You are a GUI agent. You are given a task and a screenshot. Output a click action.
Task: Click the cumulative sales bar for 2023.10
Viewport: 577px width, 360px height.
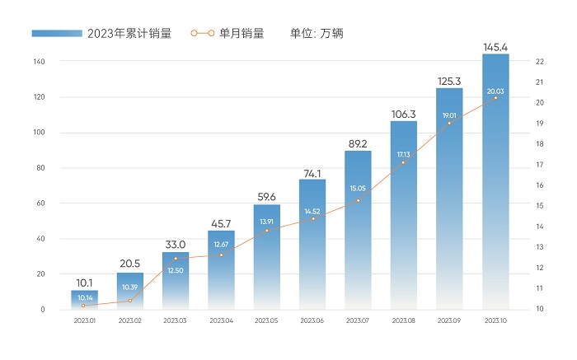pos(495,181)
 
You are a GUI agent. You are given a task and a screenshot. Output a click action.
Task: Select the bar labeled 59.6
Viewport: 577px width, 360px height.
pos(267,257)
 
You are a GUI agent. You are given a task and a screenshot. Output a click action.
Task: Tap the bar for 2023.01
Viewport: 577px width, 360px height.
pos(84,300)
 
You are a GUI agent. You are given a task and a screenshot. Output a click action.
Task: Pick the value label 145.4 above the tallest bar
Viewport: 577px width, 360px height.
pos(495,46)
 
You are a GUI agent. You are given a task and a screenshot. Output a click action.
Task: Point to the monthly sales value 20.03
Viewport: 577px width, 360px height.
pos(495,91)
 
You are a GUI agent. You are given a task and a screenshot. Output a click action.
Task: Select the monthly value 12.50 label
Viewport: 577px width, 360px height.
pos(176,271)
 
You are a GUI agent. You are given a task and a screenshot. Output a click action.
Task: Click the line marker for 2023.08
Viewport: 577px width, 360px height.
pos(404,162)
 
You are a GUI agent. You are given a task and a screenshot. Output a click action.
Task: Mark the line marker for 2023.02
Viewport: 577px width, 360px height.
pos(130,301)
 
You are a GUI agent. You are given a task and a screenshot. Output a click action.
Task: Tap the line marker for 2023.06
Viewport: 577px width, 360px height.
pos(312,218)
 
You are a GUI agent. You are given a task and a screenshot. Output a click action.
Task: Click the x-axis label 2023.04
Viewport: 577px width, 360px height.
pos(221,320)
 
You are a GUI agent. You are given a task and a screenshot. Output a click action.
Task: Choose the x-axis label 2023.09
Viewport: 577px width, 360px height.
pos(449,320)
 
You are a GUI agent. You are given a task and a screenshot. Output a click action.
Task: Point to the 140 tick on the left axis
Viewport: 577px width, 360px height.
pos(40,62)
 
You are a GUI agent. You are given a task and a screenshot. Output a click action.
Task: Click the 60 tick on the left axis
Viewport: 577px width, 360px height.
pos(40,203)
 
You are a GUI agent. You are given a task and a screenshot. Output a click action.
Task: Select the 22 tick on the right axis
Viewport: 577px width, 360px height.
pos(538,62)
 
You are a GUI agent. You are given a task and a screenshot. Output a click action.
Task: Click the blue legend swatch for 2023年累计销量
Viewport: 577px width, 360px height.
pos(57,33)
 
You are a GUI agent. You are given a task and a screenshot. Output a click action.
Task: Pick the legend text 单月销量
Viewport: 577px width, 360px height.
pos(242,33)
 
